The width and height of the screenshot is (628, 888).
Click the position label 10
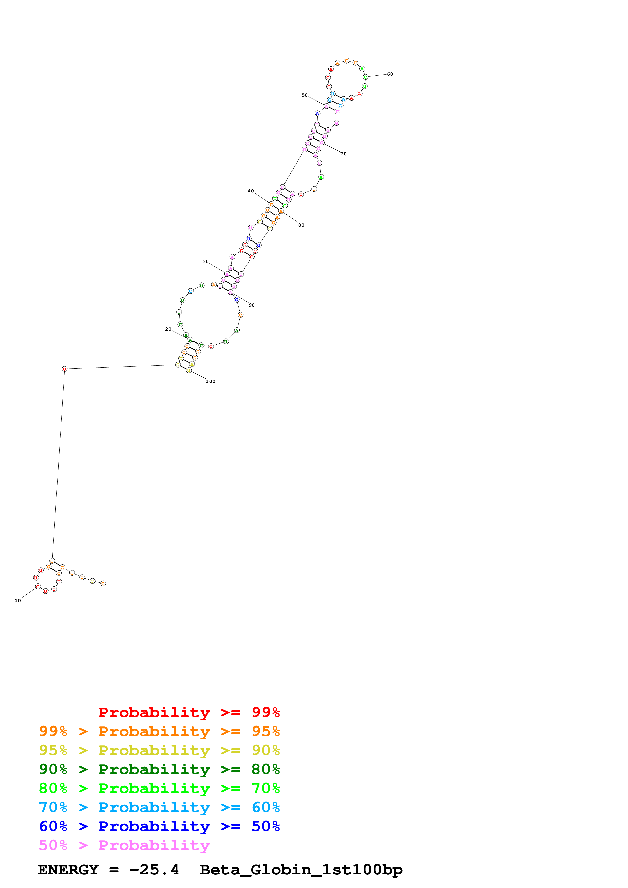pyautogui.click(x=18, y=601)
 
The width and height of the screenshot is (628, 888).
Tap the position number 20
pyautogui.click(x=168, y=329)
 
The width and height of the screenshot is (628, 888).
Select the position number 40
pyautogui.click(x=251, y=191)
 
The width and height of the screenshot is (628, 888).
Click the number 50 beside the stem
pyautogui.click(x=305, y=95)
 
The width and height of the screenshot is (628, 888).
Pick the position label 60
pyautogui.click(x=390, y=74)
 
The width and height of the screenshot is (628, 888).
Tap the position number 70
pyautogui.click(x=344, y=154)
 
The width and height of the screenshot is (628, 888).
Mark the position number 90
pyautogui.click(x=252, y=305)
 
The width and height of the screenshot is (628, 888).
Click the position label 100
pyautogui.click(x=211, y=381)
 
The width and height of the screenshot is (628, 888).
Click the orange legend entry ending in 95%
pyautogui.click(x=159, y=731)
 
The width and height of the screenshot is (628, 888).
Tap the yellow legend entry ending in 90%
pyautogui.click(x=159, y=750)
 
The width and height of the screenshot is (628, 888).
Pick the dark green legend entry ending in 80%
pyautogui.click(x=159, y=769)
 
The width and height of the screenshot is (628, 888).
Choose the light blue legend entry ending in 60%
pyautogui.click(x=159, y=807)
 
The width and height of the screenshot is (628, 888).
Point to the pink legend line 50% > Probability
pyautogui.click(x=124, y=845)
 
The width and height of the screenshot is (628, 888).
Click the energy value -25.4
pyautogui.click(x=154, y=870)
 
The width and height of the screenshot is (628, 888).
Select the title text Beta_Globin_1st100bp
pyautogui.click(x=301, y=870)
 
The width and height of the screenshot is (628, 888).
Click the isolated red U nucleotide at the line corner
pyautogui.click(x=65, y=369)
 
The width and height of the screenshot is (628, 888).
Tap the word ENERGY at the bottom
pyautogui.click(x=68, y=870)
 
